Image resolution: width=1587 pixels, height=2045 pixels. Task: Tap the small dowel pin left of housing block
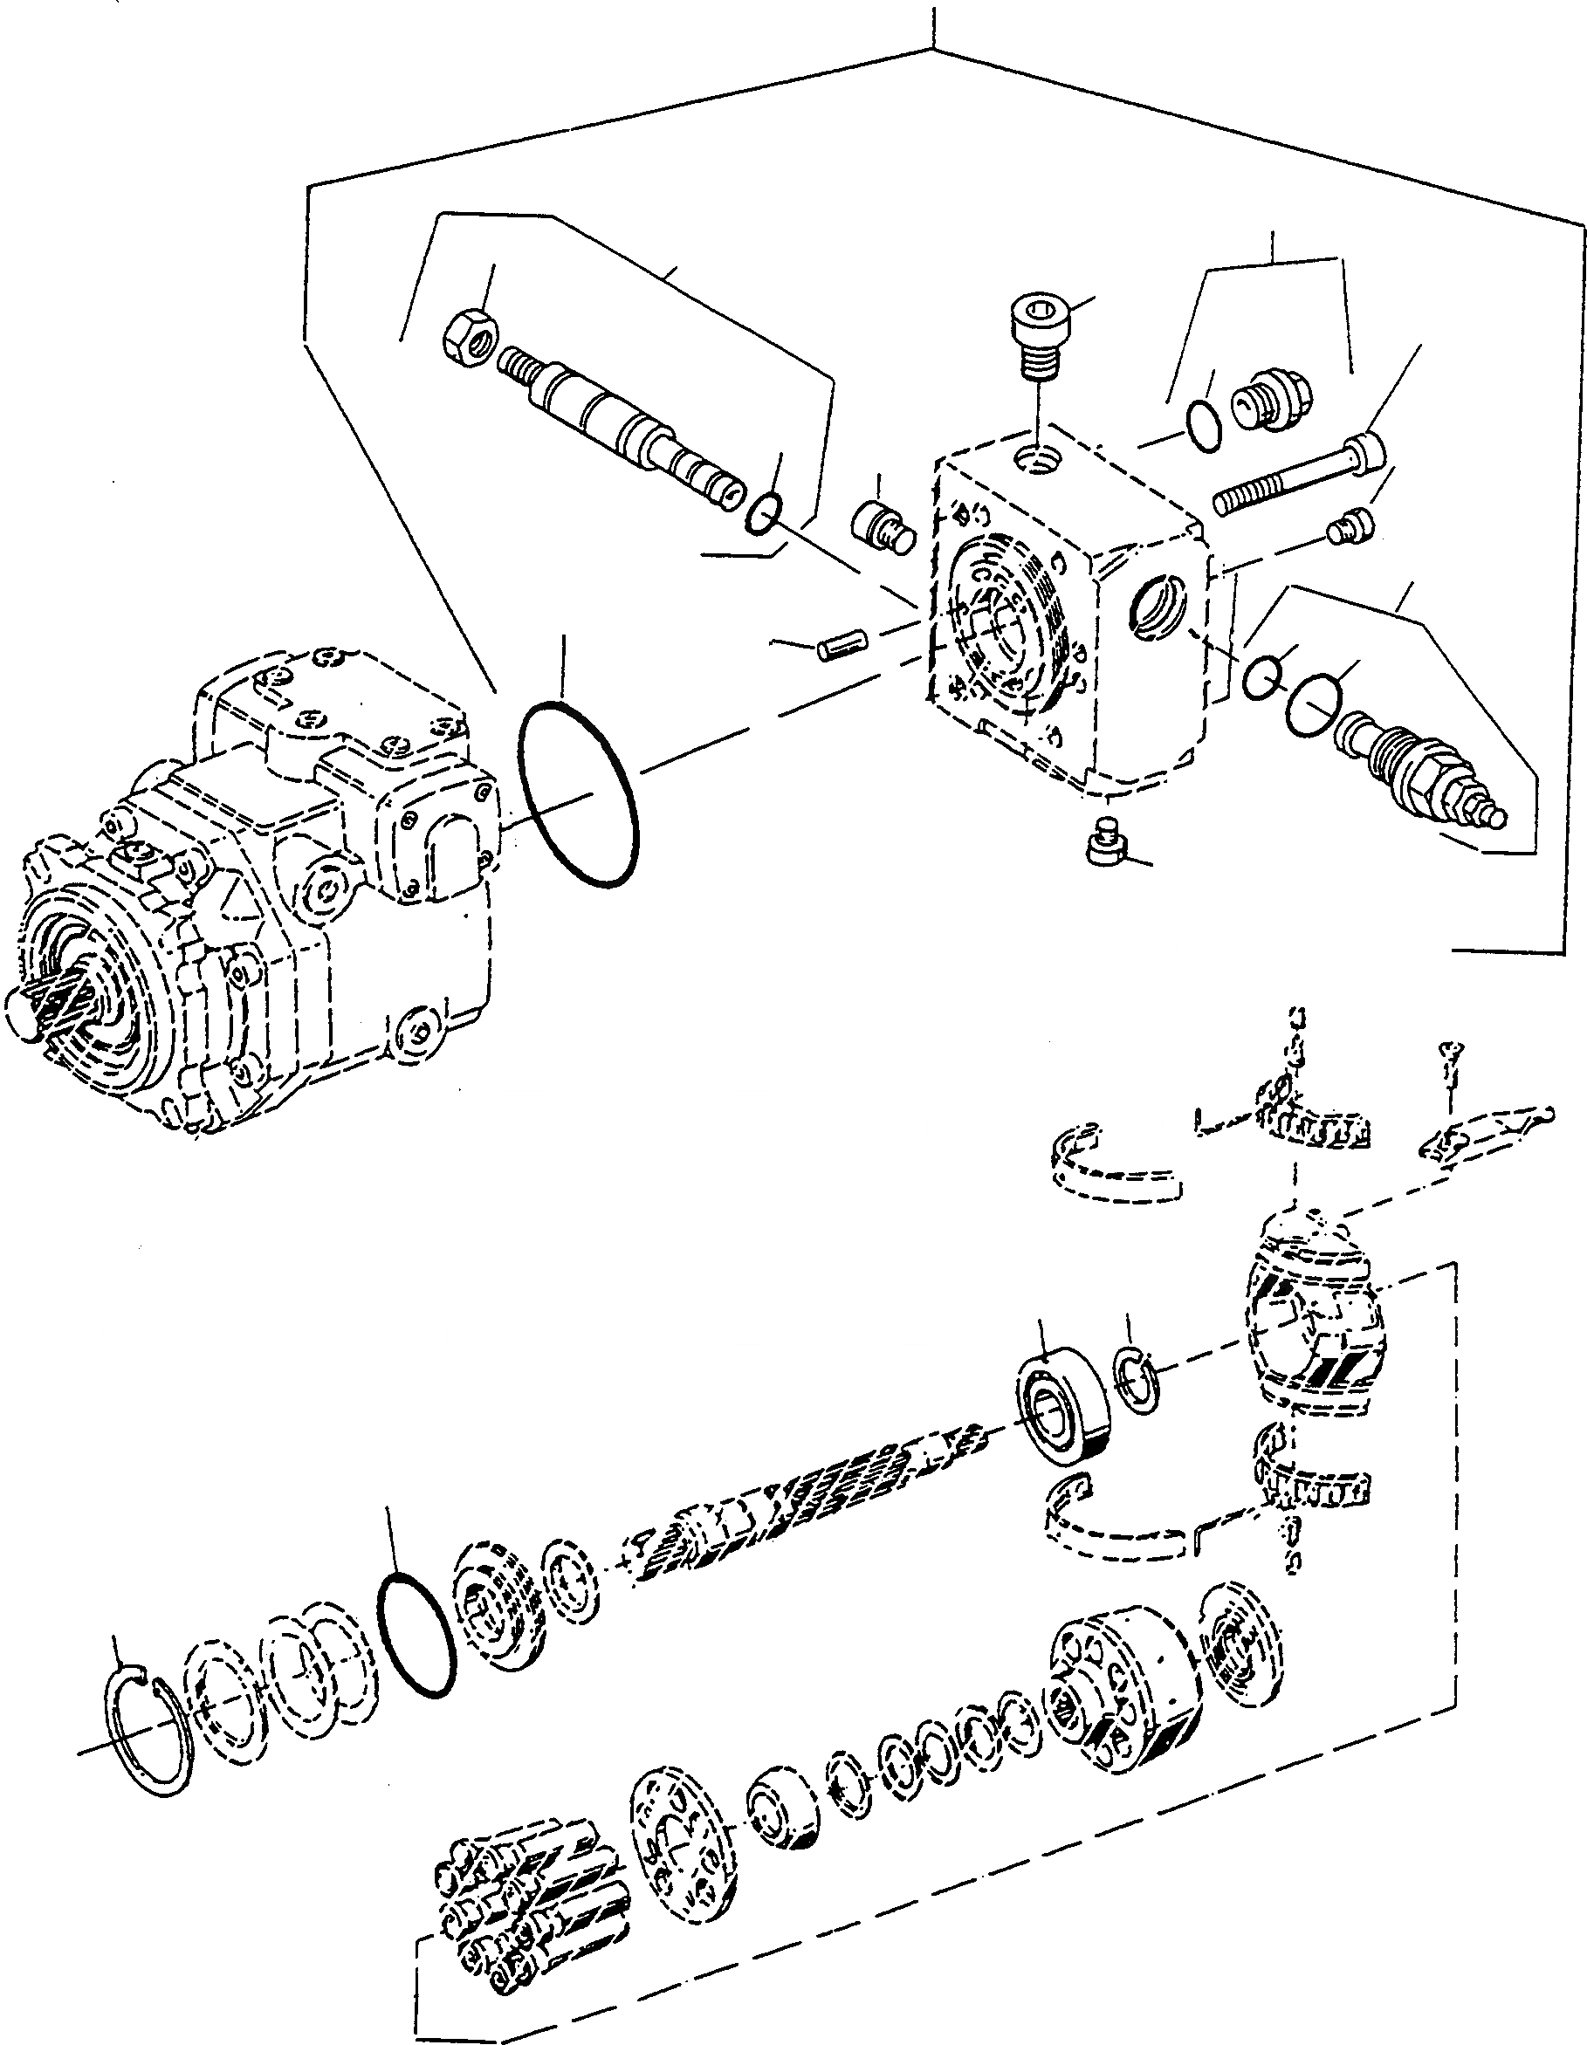pyautogui.click(x=843, y=646)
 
